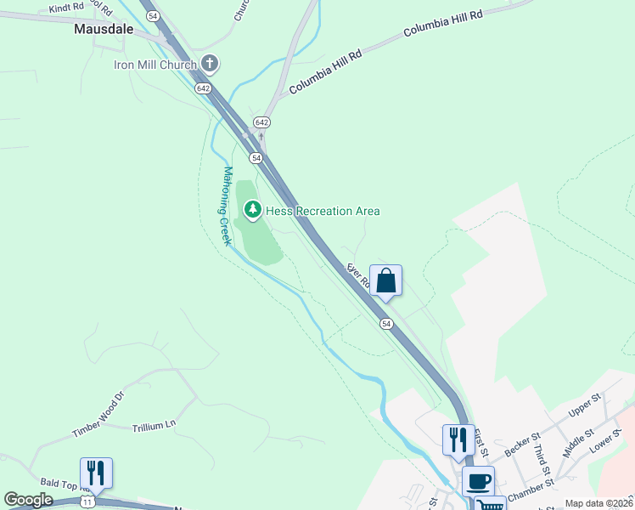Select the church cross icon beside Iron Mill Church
coord(211,64)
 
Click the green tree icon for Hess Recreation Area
coord(252,209)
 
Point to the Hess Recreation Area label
coord(323,211)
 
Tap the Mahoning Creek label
coord(227,206)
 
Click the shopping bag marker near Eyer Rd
coord(385,280)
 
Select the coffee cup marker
coord(478,481)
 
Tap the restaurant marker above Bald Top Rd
coord(96,473)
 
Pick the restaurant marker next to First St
coord(458,439)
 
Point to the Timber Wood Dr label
coord(98,414)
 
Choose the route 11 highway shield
coord(87,502)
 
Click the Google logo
coord(28,500)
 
